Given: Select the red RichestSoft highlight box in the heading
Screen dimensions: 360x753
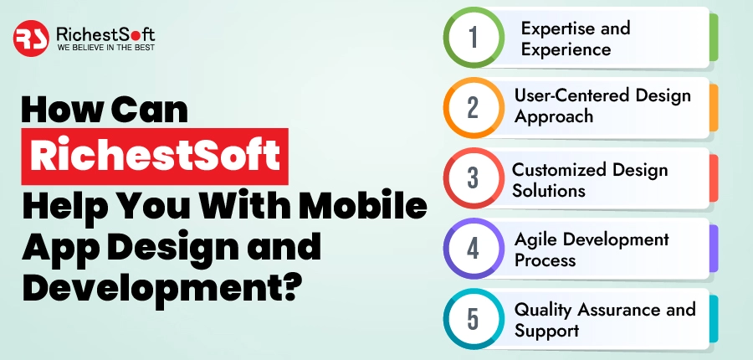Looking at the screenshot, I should (156, 157).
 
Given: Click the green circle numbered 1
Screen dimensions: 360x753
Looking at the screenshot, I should (473, 39).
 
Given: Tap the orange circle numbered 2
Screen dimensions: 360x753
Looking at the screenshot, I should (473, 109).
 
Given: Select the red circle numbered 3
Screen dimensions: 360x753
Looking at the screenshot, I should (473, 179).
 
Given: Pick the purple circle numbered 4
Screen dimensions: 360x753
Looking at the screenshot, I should (473, 249).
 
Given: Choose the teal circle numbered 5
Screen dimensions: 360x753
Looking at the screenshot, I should (473, 320).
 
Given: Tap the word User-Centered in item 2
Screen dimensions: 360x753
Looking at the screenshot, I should (566, 95).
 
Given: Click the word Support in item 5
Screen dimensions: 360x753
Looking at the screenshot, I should (546, 330).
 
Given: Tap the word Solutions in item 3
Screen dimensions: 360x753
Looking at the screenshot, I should (547, 190).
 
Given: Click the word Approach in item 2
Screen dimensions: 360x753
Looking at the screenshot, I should (552, 116).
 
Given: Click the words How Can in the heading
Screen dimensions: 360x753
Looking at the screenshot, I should (105, 112).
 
